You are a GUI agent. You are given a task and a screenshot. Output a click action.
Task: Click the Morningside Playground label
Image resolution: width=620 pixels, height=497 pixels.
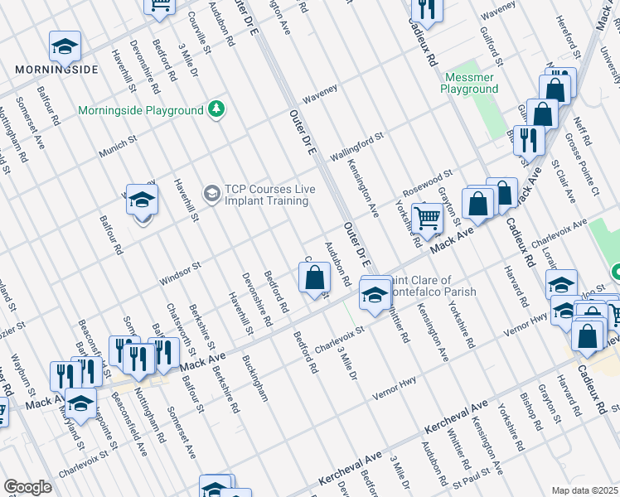point(141,110)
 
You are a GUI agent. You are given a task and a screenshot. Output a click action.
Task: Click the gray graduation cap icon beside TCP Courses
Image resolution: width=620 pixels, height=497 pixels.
point(212,194)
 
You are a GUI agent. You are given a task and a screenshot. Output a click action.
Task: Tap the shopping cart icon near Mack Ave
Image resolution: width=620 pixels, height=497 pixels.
point(427,220)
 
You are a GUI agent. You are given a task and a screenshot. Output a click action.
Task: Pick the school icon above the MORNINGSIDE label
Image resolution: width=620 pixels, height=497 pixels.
point(65,47)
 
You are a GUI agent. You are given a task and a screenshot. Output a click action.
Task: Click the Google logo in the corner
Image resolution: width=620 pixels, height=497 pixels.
point(27,487)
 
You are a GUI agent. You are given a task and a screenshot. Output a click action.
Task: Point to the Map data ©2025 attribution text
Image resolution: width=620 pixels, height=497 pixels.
point(585,490)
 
